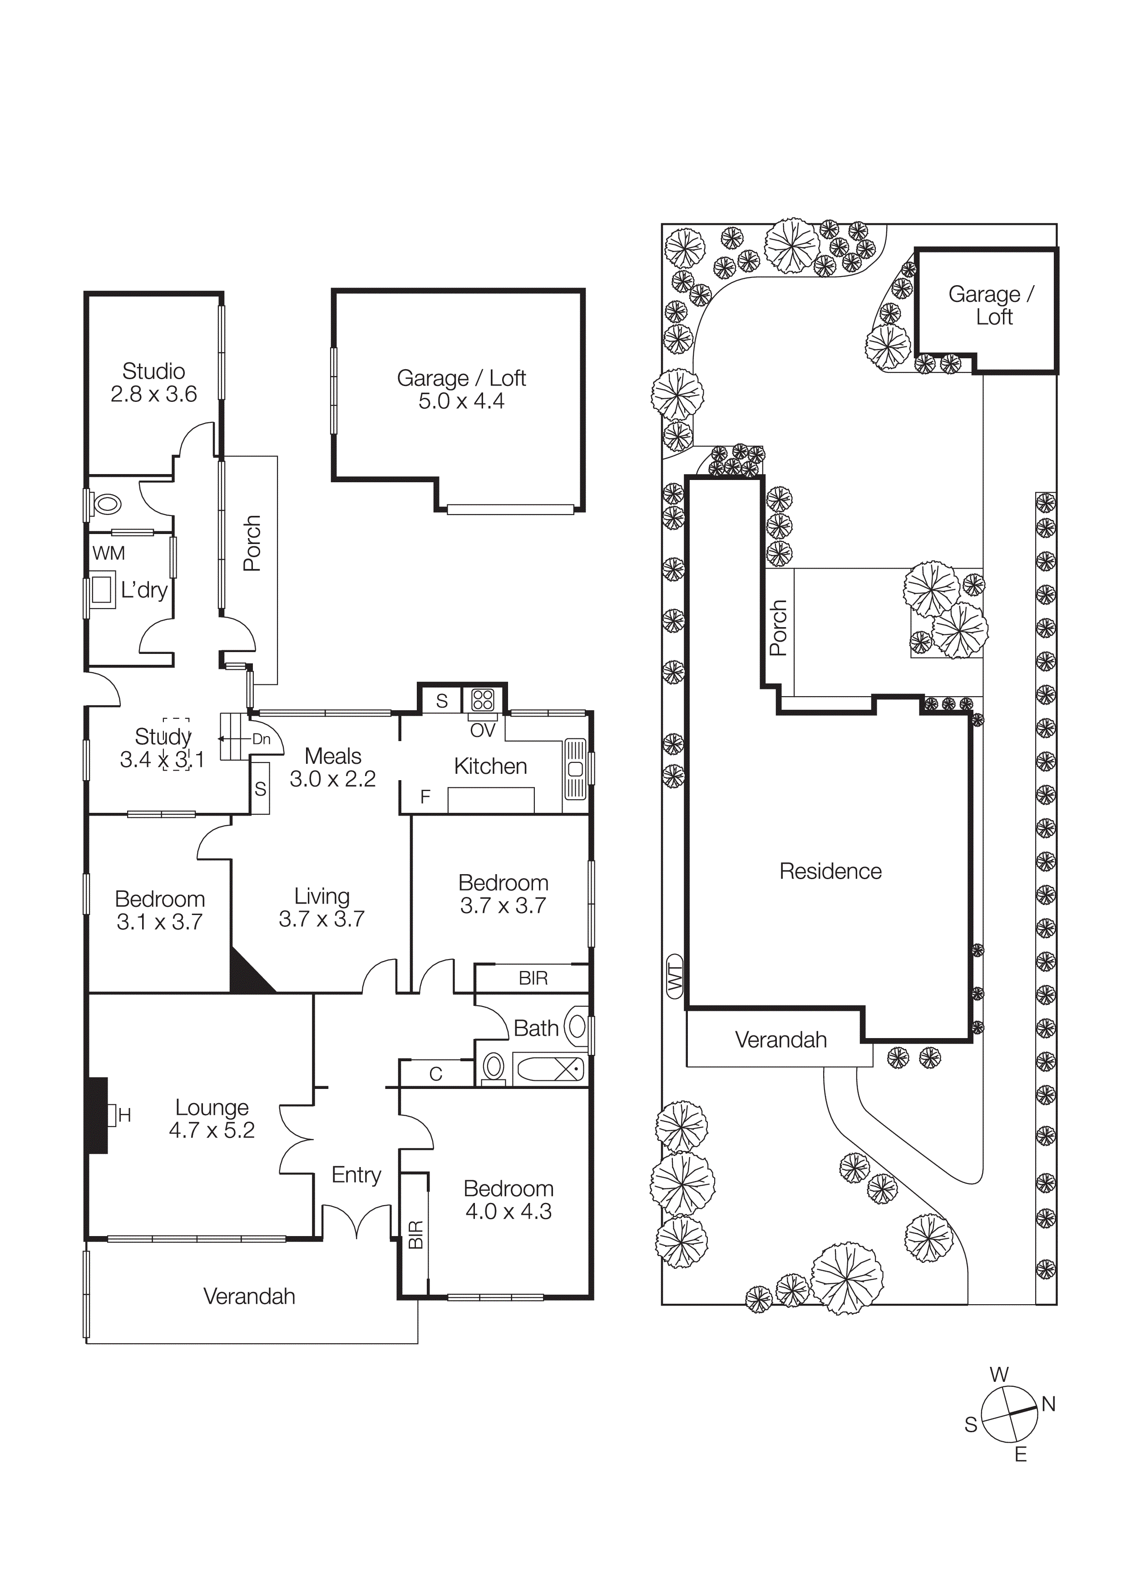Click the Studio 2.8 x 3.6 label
153,382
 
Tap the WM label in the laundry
109,554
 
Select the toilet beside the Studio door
106,504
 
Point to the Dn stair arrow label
261,739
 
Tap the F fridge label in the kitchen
425,796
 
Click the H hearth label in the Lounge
124,1115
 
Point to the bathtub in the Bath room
550,1069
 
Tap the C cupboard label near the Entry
436,1074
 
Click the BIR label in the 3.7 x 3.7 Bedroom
533,978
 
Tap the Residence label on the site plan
830,871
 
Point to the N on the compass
1048,1404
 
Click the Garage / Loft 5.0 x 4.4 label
461,389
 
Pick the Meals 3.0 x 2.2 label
332,767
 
